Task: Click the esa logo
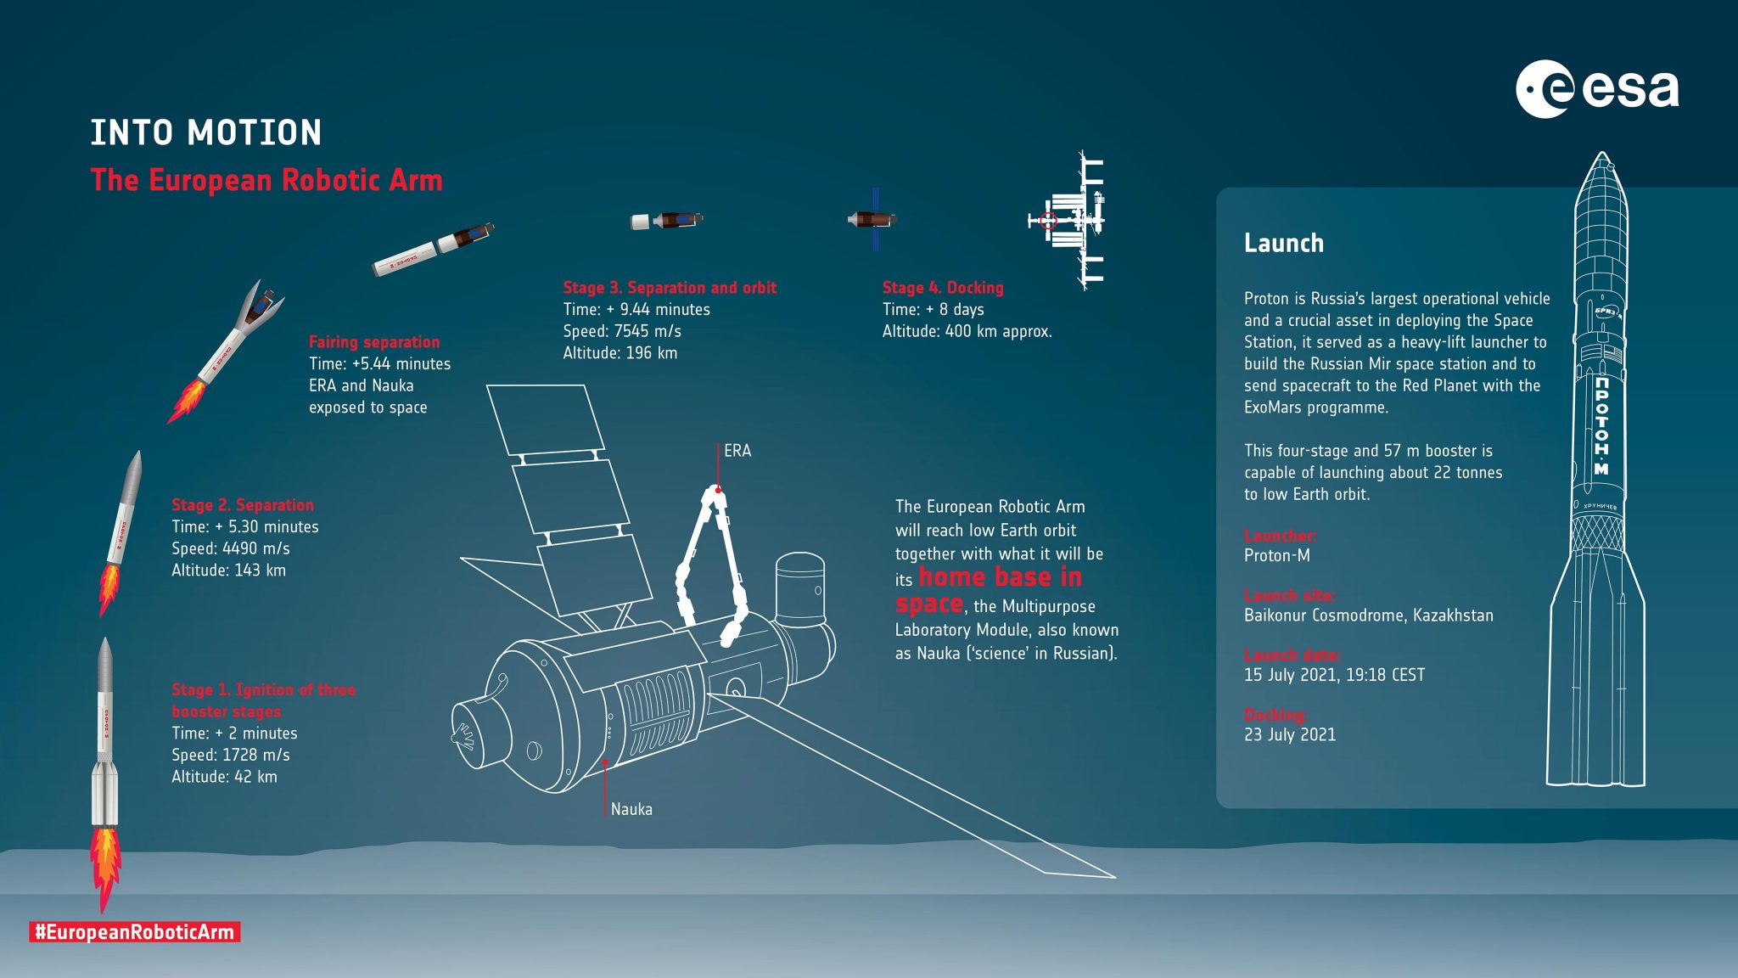click(1596, 89)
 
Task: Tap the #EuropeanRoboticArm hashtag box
click(135, 932)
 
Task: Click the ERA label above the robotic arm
click(737, 451)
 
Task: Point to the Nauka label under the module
click(631, 809)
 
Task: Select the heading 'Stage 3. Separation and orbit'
click(670, 288)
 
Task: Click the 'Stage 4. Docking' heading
click(942, 288)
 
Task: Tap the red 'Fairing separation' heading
click(374, 342)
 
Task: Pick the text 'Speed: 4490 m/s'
click(231, 548)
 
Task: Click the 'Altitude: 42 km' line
click(224, 777)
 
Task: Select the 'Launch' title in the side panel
click(1283, 244)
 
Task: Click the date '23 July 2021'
click(1289, 735)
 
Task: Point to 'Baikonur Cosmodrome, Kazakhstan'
click(1368, 615)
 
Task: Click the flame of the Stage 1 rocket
click(105, 866)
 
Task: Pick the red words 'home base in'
click(1000, 578)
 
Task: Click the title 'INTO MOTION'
click(206, 133)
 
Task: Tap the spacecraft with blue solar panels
click(873, 220)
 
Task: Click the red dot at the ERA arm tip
click(718, 490)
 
